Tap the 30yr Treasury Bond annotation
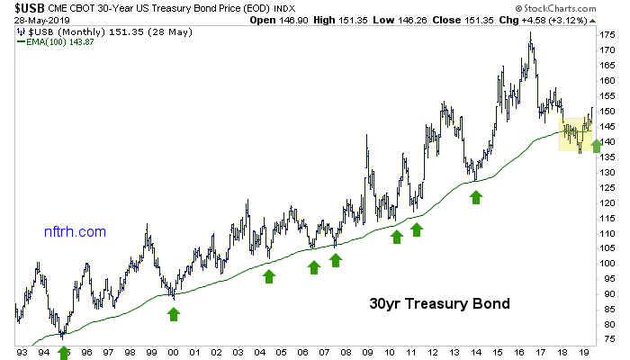439,304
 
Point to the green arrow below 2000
174,313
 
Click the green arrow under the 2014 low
476,196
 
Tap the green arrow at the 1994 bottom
63,352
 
